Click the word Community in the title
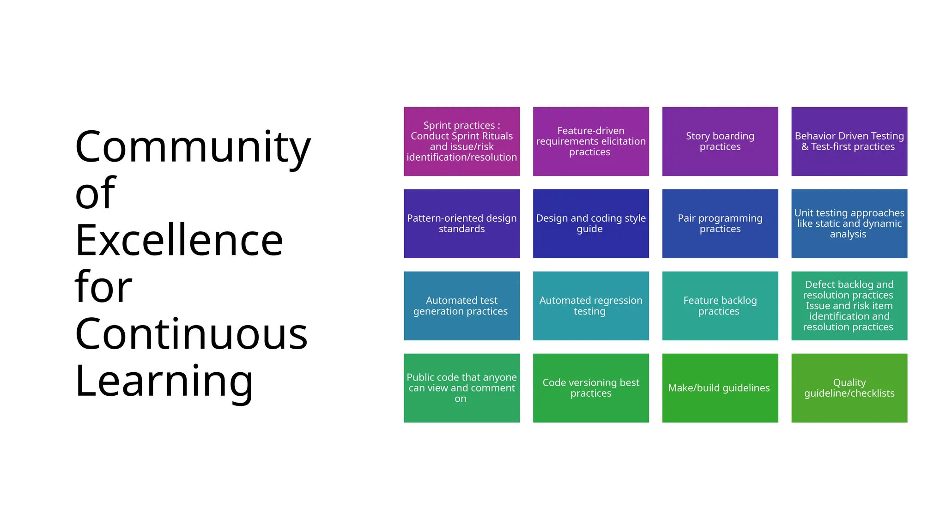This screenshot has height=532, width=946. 193,147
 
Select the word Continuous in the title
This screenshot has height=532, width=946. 191,334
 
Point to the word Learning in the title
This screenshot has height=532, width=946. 164,381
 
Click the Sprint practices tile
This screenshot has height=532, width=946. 461,141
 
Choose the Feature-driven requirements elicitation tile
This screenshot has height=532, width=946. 591,141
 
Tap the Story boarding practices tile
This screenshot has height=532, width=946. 720,141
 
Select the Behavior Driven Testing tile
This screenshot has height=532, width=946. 849,141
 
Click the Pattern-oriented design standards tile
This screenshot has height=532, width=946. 461,224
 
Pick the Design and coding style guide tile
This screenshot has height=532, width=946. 591,224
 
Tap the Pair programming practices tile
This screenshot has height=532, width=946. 720,224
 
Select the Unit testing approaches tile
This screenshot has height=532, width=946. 849,224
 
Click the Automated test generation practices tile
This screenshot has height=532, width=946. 461,306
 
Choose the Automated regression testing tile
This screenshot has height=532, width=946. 591,306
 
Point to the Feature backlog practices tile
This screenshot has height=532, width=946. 720,306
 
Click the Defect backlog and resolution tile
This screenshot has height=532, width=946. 849,306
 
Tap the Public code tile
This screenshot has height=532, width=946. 461,388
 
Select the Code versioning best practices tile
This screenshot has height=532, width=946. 591,388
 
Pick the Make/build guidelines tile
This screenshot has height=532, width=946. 720,388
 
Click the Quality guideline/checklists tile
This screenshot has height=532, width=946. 849,388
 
